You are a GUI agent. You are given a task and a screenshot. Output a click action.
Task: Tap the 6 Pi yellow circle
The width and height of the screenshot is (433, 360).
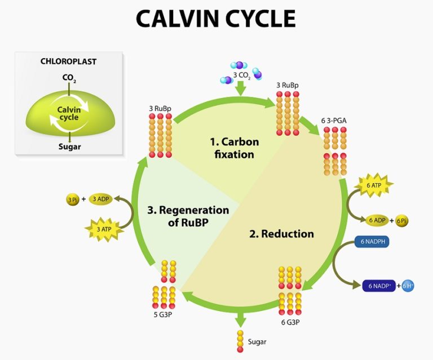click(x=402, y=220)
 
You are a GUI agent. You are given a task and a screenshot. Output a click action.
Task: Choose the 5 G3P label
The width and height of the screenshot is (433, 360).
click(x=162, y=314)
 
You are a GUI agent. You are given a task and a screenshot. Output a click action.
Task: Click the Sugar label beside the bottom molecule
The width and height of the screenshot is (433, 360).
click(x=257, y=341)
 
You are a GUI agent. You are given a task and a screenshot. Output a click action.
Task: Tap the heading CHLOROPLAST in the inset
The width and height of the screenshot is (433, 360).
click(x=68, y=61)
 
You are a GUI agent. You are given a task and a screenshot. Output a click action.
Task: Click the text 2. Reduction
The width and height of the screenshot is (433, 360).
click(x=281, y=233)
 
